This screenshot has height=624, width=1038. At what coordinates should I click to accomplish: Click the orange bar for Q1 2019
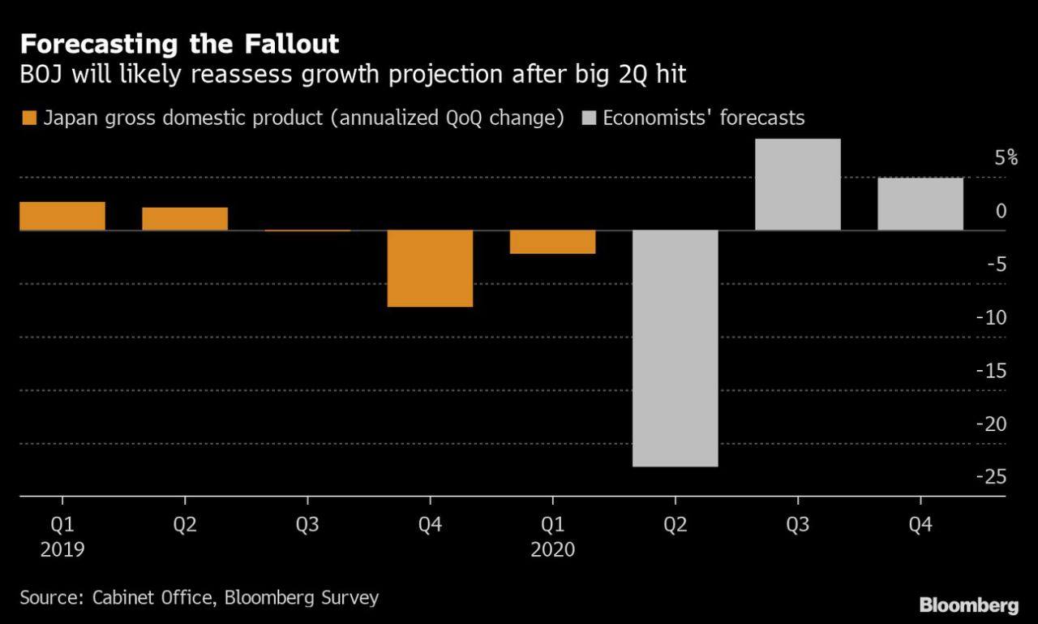click(x=62, y=216)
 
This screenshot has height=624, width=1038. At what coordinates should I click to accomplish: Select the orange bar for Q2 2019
click(x=185, y=219)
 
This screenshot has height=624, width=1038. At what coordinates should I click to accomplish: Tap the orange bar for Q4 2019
click(x=430, y=269)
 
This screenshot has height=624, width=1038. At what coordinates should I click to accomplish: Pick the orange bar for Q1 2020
click(x=553, y=242)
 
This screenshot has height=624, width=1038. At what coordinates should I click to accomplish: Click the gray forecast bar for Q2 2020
click(x=676, y=349)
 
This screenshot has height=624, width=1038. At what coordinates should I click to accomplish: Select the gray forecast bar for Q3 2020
click(x=798, y=184)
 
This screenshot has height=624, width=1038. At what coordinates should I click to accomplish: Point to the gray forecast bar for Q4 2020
click(x=920, y=204)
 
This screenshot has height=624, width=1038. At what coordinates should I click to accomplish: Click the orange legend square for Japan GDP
click(x=29, y=118)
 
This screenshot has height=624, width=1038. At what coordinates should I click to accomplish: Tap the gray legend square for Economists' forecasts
click(x=589, y=118)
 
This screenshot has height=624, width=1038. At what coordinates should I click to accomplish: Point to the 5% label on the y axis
click(x=1006, y=158)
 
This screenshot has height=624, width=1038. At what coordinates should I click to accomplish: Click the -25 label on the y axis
click(x=991, y=476)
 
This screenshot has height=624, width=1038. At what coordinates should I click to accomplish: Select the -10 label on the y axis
click(x=991, y=317)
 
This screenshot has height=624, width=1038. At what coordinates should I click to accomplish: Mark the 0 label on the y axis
click(x=1001, y=212)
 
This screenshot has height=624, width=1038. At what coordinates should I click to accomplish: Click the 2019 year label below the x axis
click(x=62, y=550)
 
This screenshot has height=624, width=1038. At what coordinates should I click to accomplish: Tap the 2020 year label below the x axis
click(x=553, y=550)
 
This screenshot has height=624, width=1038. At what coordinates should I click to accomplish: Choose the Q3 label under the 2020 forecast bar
click(x=798, y=525)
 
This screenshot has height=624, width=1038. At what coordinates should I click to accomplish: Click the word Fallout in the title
click(x=291, y=44)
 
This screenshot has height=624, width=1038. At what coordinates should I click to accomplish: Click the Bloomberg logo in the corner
click(x=969, y=605)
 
